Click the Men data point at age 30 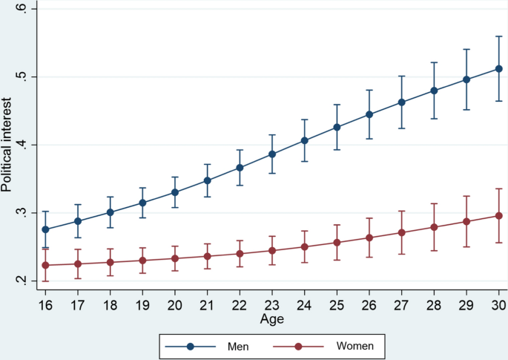[498, 68]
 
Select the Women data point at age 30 [498, 215]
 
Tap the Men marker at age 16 [45, 230]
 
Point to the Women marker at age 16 [45, 265]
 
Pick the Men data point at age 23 [272, 154]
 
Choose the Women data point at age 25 [337, 242]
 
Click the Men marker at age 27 [401, 102]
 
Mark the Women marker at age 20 [175, 258]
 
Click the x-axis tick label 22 [240, 305]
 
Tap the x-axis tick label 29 [466, 305]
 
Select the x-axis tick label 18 [110, 305]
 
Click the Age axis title [271, 318]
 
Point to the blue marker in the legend [191, 345]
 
